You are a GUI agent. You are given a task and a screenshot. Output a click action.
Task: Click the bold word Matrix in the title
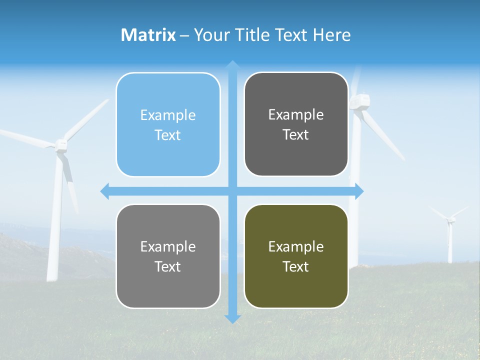pyautogui.click(x=148, y=35)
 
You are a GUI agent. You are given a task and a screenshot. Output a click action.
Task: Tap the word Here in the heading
pyautogui.click(x=331, y=35)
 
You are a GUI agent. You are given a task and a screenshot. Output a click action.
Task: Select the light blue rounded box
pyautogui.click(x=168, y=124)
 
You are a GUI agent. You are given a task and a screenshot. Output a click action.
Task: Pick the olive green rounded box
pyautogui.click(x=296, y=256)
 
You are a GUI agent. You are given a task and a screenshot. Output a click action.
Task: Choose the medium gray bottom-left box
pyautogui.click(x=168, y=256)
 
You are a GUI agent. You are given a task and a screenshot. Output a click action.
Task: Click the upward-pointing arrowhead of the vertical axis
pyautogui.click(x=232, y=64)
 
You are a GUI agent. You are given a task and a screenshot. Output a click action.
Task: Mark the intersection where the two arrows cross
pyautogui.click(x=232, y=191)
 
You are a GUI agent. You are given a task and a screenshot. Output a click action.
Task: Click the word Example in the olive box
pyautogui.click(x=296, y=246)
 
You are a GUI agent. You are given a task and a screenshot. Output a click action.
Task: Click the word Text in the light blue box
pyautogui.click(x=168, y=135)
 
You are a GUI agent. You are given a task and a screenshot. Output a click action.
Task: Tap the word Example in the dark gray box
pyautogui.click(x=296, y=114)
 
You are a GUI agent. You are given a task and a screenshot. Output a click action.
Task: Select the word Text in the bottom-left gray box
pyautogui.click(x=168, y=266)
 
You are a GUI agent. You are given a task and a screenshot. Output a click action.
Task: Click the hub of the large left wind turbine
pyautogui.click(x=60, y=145)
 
